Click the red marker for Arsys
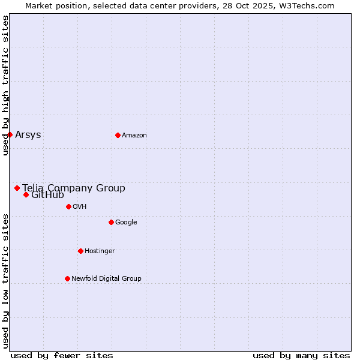[10, 134]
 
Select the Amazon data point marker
[118, 135]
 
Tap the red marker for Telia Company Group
[17, 188]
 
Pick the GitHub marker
[26, 194]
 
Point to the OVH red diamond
[68, 206]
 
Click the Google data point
[111, 222]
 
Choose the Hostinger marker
[80, 251]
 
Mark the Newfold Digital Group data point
[67, 278]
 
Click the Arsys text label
[28, 134]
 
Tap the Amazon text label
[134, 135]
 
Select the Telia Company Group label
[74, 188]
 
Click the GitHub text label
[47, 195]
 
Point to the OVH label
[80, 206]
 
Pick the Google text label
[126, 222]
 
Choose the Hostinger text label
[100, 251]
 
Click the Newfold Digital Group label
[106, 278]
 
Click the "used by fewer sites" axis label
[62, 355]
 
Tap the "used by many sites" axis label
[301, 355]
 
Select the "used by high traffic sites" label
[5, 85]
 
